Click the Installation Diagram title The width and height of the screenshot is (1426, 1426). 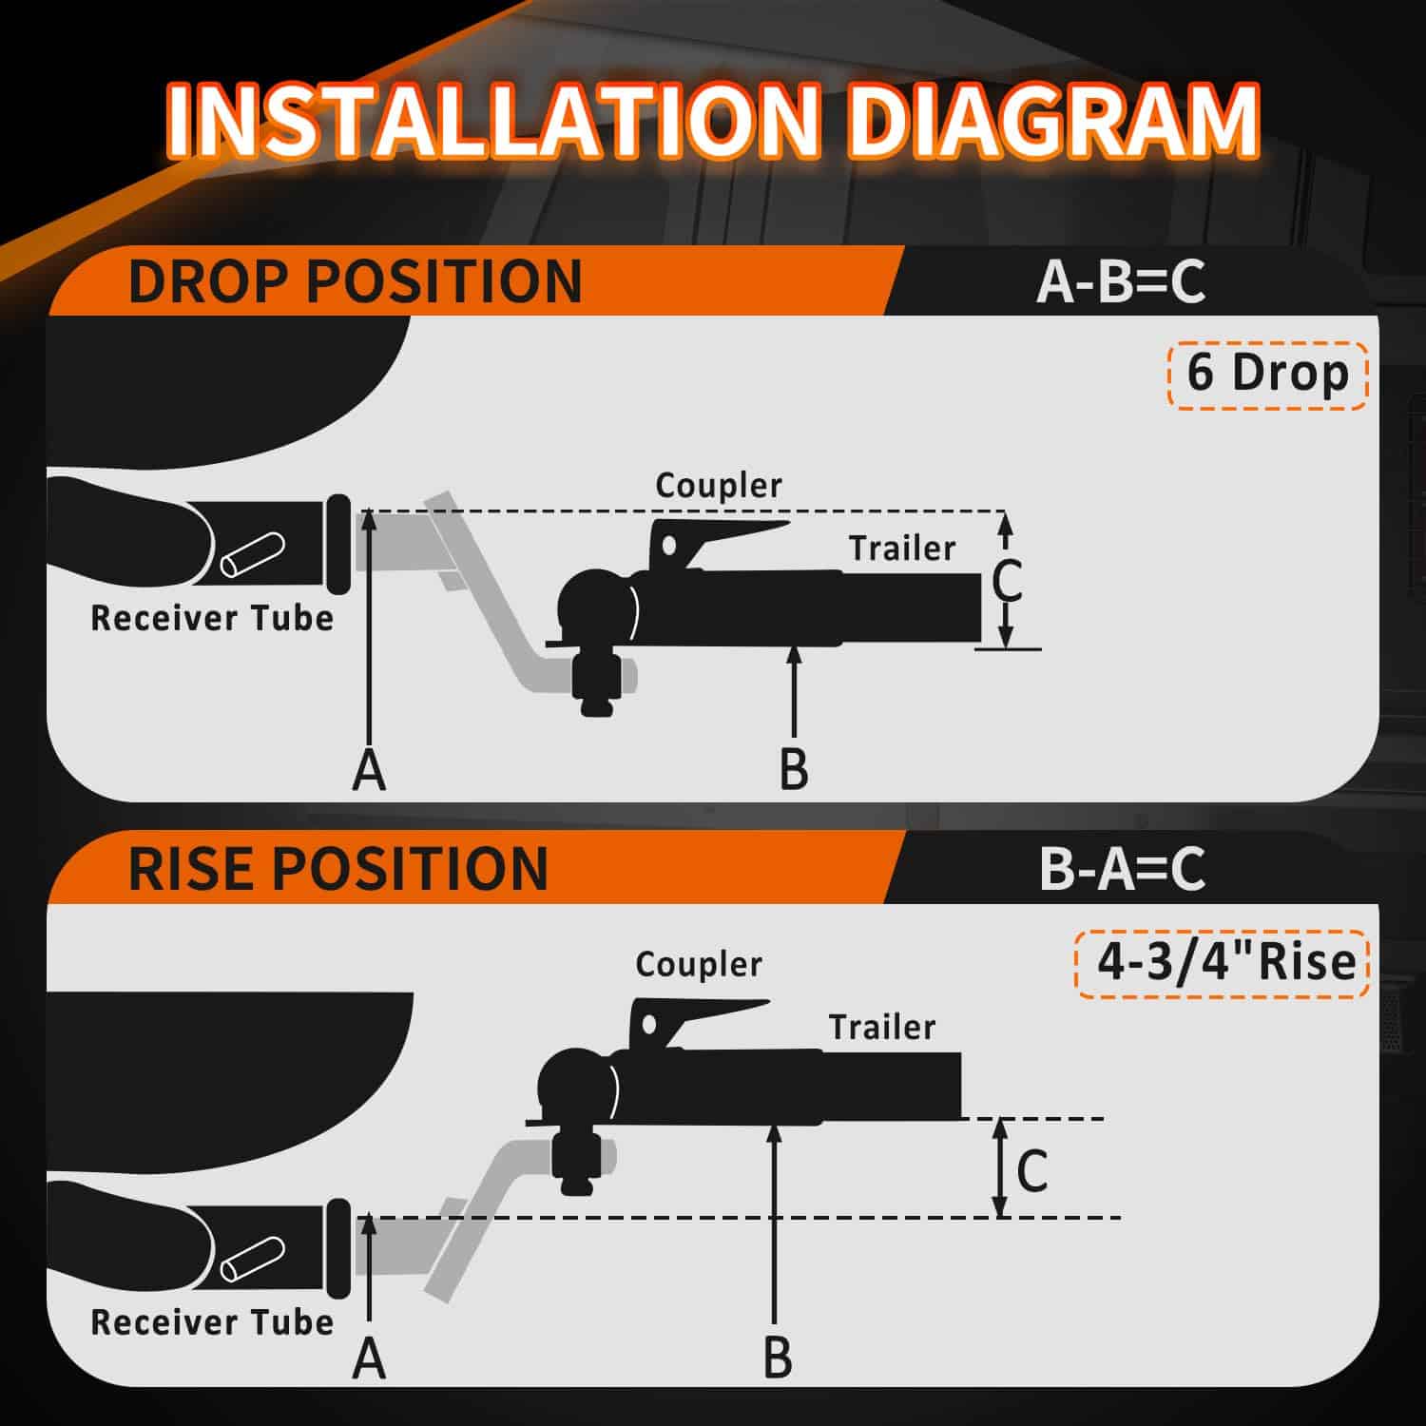[x=713, y=122]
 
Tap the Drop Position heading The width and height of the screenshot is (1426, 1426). [x=355, y=280]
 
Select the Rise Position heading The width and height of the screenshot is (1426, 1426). [x=338, y=868]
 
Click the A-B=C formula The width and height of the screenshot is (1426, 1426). [x=1121, y=281]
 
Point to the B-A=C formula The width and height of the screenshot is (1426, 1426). [x=1123, y=868]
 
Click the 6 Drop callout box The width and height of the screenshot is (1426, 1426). [x=1267, y=374]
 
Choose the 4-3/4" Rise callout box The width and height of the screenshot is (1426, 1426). [x=1224, y=962]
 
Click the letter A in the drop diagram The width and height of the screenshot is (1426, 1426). [x=369, y=769]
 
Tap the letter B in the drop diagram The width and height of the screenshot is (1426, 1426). [x=794, y=769]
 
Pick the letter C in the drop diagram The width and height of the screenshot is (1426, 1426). [x=1007, y=582]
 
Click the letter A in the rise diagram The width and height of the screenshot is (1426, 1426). [x=369, y=1359]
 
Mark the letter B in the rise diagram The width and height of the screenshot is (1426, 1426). [x=778, y=1359]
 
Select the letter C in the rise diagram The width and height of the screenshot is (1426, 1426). [x=1032, y=1170]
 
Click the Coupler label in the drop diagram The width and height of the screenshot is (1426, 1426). [x=719, y=486]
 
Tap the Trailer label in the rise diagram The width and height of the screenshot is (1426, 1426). [x=882, y=1027]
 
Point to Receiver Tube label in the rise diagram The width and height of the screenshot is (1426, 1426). [x=212, y=1322]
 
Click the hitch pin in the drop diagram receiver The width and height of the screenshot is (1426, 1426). [x=252, y=556]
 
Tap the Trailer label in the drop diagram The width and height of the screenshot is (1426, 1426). [x=902, y=549]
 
